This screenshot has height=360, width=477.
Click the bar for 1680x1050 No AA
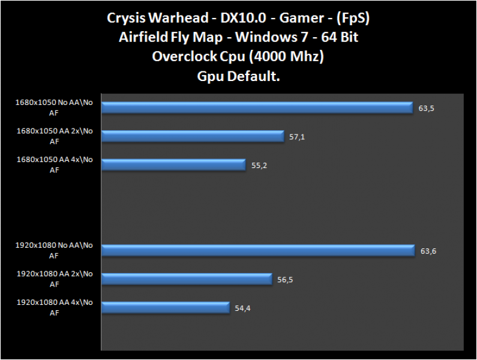pos(257,107)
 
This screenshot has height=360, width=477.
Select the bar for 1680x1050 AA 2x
pos(193,136)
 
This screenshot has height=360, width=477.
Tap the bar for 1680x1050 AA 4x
pos(173,164)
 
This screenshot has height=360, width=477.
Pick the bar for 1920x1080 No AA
pos(258,250)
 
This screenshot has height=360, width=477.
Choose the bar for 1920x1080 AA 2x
pos(191,279)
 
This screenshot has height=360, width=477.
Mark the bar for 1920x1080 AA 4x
pos(166,308)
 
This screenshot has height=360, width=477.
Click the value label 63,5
pos(426,109)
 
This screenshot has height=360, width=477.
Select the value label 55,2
pos(259,165)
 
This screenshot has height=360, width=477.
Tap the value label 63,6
pos(428,251)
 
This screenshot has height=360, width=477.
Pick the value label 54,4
pos(243,308)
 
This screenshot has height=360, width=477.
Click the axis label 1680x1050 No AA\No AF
pos(55,107)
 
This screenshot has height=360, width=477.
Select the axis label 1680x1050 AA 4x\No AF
pos(55,164)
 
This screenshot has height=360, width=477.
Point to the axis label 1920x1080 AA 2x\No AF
pos(55,279)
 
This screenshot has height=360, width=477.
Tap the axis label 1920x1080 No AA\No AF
pos(55,250)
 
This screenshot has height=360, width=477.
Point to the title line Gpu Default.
pos(239,77)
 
